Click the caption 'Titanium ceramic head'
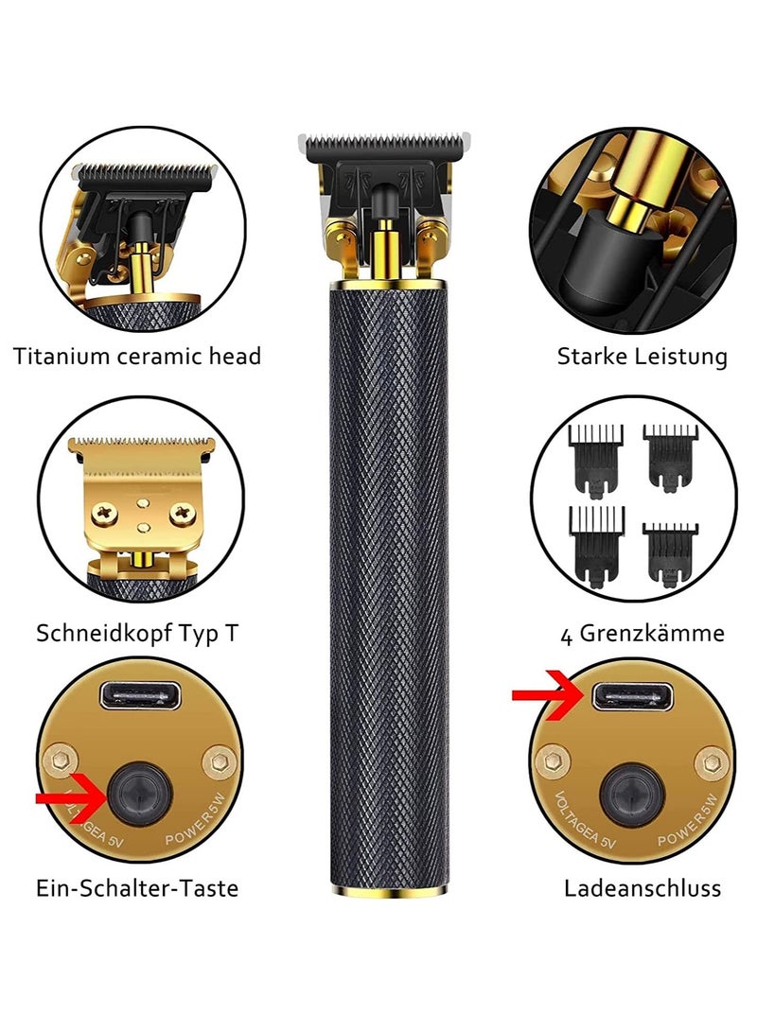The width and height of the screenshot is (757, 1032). point(137,357)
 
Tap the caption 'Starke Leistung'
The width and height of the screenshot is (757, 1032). point(642,357)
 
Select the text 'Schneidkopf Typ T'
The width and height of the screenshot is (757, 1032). point(137,633)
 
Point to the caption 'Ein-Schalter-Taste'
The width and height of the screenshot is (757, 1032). point(137,888)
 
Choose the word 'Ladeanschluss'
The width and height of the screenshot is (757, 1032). point(643,888)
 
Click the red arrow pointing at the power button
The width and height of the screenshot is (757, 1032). point(72,799)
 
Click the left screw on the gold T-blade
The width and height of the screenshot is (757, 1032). point(100,514)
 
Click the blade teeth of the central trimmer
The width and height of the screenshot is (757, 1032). point(382,145)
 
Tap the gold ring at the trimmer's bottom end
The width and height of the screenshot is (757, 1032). point(383,891)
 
